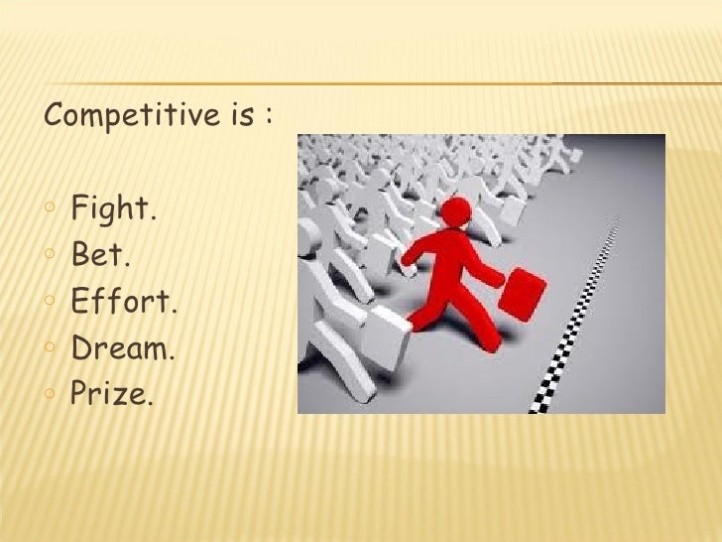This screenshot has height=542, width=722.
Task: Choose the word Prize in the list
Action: coord(111,395)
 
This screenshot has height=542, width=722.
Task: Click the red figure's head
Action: coord(456,211)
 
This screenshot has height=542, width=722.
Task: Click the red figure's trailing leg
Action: coord(421,308)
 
